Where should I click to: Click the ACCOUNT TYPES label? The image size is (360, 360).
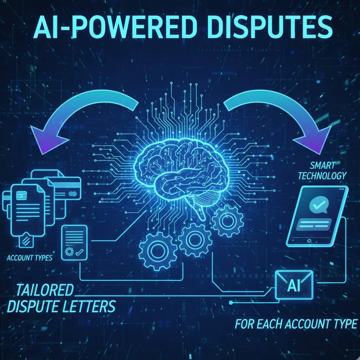click(30, 258)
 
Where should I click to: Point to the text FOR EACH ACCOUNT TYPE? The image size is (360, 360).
click(296, 324)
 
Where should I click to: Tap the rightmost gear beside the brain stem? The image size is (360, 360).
click(228, 221)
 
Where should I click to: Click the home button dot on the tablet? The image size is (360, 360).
click(309, 241)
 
